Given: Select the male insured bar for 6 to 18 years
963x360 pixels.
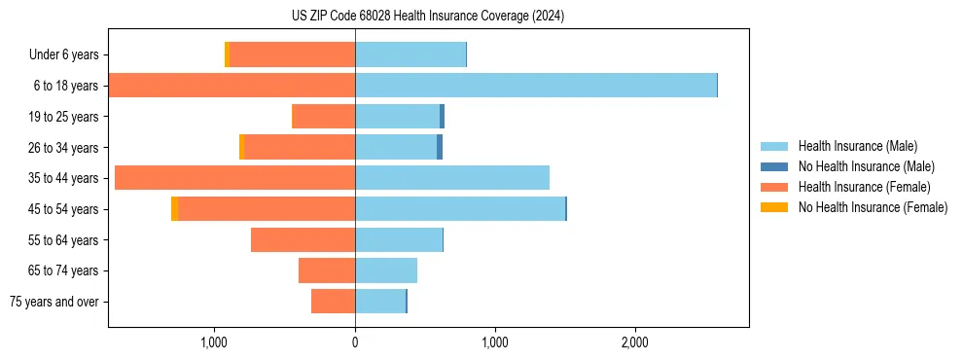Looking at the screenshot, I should (x=535, y=86).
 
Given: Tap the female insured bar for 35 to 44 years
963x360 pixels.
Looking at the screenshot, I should (x=234, y=178).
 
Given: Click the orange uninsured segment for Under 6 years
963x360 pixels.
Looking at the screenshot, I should (x=227, y=54).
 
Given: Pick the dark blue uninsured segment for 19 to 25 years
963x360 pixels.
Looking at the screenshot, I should (x=442, y=117).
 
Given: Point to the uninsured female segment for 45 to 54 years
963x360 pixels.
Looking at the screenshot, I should (x=174, y=209).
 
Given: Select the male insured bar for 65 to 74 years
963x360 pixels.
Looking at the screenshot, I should (x=386, y=270).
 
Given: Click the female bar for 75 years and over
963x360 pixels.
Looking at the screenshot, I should (x=333, y=302).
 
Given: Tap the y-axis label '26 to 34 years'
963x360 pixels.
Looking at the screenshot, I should (x=64, y=148).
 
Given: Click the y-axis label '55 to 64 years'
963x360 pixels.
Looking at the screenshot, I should (x=64, y=240).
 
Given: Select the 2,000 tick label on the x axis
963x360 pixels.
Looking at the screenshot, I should (x=634, y=342).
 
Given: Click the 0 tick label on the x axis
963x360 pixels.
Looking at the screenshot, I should (x=355, y=342).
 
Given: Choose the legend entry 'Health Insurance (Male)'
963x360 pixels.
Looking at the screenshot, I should (x=857, y=146).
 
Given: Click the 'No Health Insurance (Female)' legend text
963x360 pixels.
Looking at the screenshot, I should (x=873, y=207).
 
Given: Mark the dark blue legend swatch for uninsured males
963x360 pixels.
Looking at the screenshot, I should (x=774, y=166).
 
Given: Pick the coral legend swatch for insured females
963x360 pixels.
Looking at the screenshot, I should (x=774, y=187).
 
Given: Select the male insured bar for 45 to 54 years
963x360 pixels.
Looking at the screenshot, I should (x=459, y=209).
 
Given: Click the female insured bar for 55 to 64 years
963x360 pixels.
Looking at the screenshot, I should (x=303, y=240).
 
